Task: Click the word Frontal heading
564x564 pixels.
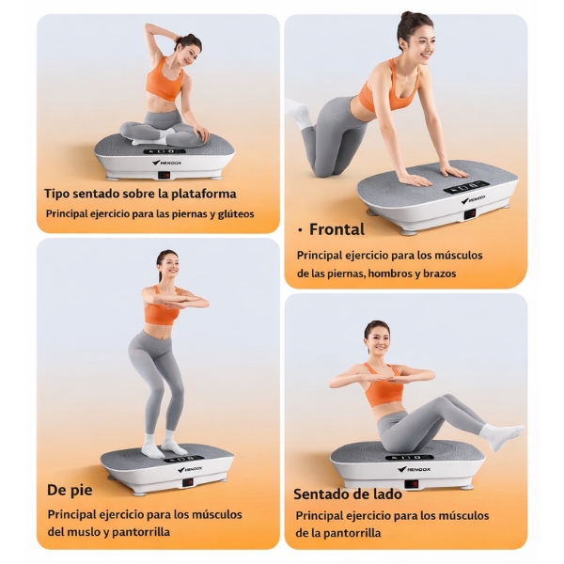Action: (x=337, y=229)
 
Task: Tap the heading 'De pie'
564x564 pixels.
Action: (x=70, y=490)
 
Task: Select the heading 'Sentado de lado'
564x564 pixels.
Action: (x=348, y=493)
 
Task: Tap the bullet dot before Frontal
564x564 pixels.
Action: (x=300, y=231)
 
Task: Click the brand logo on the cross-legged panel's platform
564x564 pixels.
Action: (x=166, y=163)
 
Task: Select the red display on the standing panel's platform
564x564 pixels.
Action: (x=189, y=482)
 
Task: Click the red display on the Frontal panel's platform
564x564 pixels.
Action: (x=470, y=213)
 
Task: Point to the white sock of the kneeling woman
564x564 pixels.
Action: (x=297, y=111)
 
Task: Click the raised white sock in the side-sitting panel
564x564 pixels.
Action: (x=501, y=435)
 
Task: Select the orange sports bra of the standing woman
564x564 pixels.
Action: (x=163, y=308)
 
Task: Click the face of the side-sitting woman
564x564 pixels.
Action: (x=379, y=338)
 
